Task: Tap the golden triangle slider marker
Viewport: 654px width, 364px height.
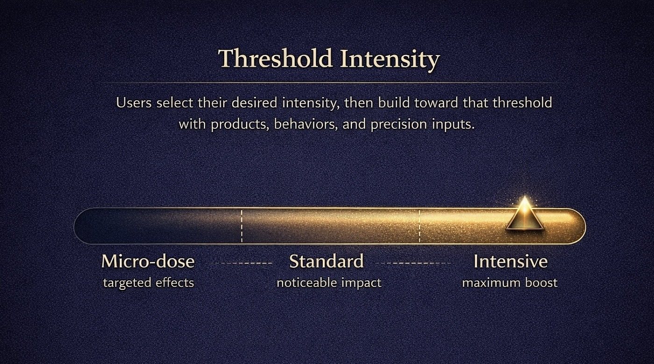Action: coord(525,215)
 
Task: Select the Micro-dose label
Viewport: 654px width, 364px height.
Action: coord(148,261)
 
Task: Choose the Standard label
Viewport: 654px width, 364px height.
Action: coord(326,261)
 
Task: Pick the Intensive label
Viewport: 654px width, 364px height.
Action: coord(510,261)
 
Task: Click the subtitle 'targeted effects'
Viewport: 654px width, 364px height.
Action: coord(148,283)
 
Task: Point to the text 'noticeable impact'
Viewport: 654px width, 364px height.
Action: coord(329,283)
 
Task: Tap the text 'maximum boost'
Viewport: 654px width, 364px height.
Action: coord(510,283)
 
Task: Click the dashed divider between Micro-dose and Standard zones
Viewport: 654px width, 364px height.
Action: coord(242,226)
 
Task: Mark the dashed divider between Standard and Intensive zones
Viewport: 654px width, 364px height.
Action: coord(419,226)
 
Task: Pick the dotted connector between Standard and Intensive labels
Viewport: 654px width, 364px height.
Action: coord(413,263)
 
